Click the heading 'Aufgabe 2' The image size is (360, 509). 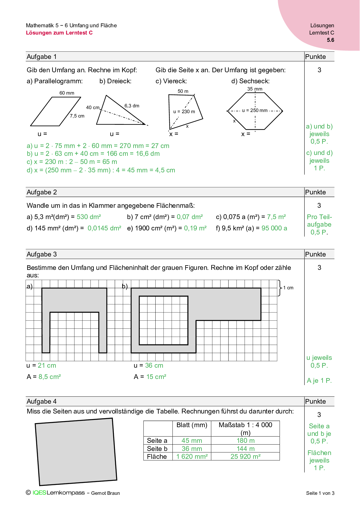[42, 192]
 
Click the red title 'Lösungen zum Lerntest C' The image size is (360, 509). [59, 33]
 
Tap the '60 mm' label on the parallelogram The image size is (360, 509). [67, 93]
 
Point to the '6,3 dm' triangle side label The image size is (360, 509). [132, 106]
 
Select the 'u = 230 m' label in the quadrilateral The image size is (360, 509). [184, 111]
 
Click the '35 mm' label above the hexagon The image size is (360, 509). [255, 89]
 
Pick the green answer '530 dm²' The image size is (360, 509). [89, 217]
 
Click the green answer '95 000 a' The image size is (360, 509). [274, 228]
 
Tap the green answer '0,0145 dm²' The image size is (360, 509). [104, 228]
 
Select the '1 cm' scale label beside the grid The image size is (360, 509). [288, 288]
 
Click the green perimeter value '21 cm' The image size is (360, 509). [47, 365]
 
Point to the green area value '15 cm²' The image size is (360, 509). [156, 377]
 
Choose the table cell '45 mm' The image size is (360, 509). [192, 441]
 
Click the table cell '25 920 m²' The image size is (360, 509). [245, 456]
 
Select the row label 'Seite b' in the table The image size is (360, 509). [157, 449]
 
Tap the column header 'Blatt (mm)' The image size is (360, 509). [192, 425]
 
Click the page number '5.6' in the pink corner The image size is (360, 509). [330, 40]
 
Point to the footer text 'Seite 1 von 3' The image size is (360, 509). [320, 493]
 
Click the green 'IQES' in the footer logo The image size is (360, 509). [39, 493]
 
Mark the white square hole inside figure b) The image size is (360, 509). [163, 320]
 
